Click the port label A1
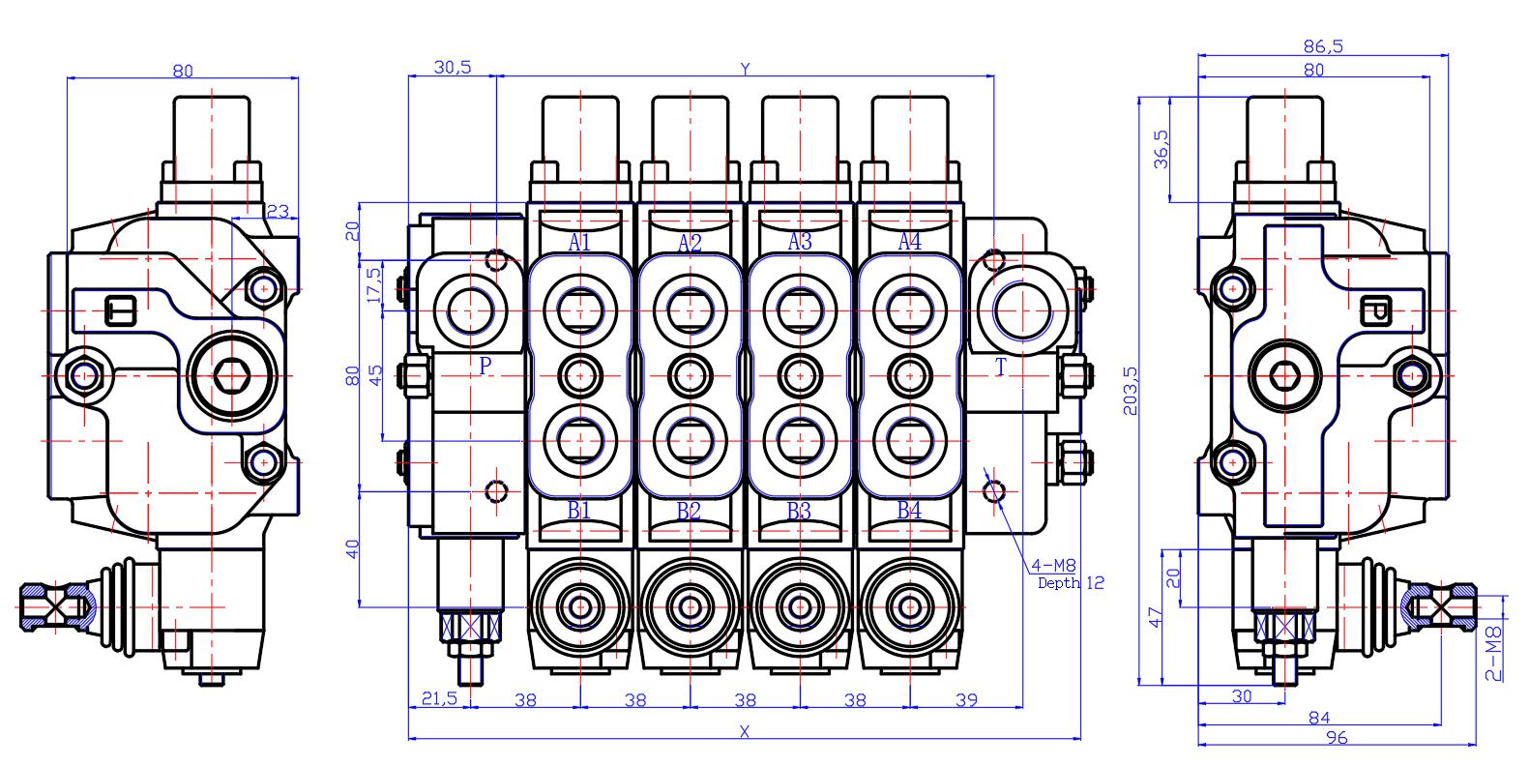(579, 242)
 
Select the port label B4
(909, 511)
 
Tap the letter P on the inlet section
(485, 366)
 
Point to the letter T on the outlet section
(1000, 367)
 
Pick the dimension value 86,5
(1323, 45)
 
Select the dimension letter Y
(745, 68)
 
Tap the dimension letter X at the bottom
(744, 731)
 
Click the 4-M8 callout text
(1054, 566)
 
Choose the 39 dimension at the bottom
(965, 700)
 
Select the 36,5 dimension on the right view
(1161, 150)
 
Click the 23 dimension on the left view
(278, 211)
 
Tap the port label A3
(800, 242)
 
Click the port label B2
(689, 511)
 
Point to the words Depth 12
(1071, 582)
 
